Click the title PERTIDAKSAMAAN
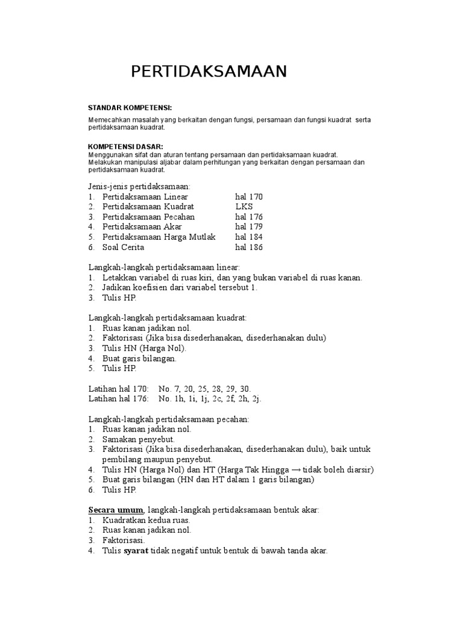pos(209,72)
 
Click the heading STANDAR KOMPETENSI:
pos(130,107)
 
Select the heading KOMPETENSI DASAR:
pos(125,146)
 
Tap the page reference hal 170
pos(249,197)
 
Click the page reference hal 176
pos(249,217)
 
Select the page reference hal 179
pos(249,227)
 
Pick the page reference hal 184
pos(249,237)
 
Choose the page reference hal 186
pos(249,247)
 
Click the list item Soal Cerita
pos(124,247)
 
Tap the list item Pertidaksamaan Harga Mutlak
pos(159,237)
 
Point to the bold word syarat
pos(136,550)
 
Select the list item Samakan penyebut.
pos(139,439)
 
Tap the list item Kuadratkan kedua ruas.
pos(146,520)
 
